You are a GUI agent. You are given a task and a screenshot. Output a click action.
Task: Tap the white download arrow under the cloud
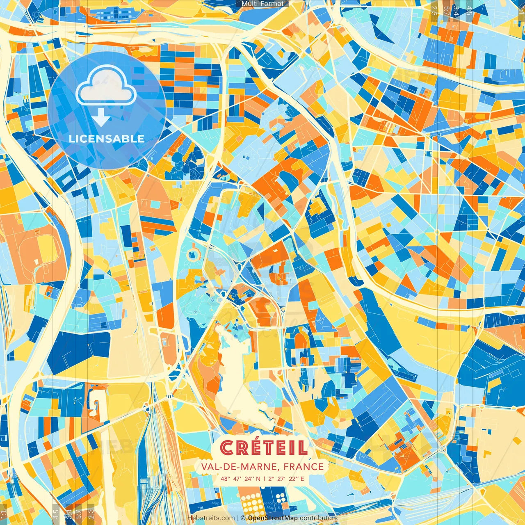[101, 119]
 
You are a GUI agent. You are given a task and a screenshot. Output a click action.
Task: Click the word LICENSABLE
[107, 139]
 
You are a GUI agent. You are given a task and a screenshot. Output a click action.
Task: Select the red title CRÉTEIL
[263, 448]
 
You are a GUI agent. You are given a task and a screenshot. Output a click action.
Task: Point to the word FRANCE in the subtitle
[304, 466]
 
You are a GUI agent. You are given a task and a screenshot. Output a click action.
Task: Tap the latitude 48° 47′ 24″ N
[240, 479]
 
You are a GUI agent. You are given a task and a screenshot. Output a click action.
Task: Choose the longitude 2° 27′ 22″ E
[286, 479]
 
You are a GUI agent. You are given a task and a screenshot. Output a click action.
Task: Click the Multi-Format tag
[262, 4]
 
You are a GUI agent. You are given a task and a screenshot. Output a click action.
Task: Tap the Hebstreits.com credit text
[211, 518]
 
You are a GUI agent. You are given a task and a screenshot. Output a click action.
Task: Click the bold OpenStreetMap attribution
[273, 518]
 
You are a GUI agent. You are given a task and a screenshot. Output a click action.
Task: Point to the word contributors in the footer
[319, 518]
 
